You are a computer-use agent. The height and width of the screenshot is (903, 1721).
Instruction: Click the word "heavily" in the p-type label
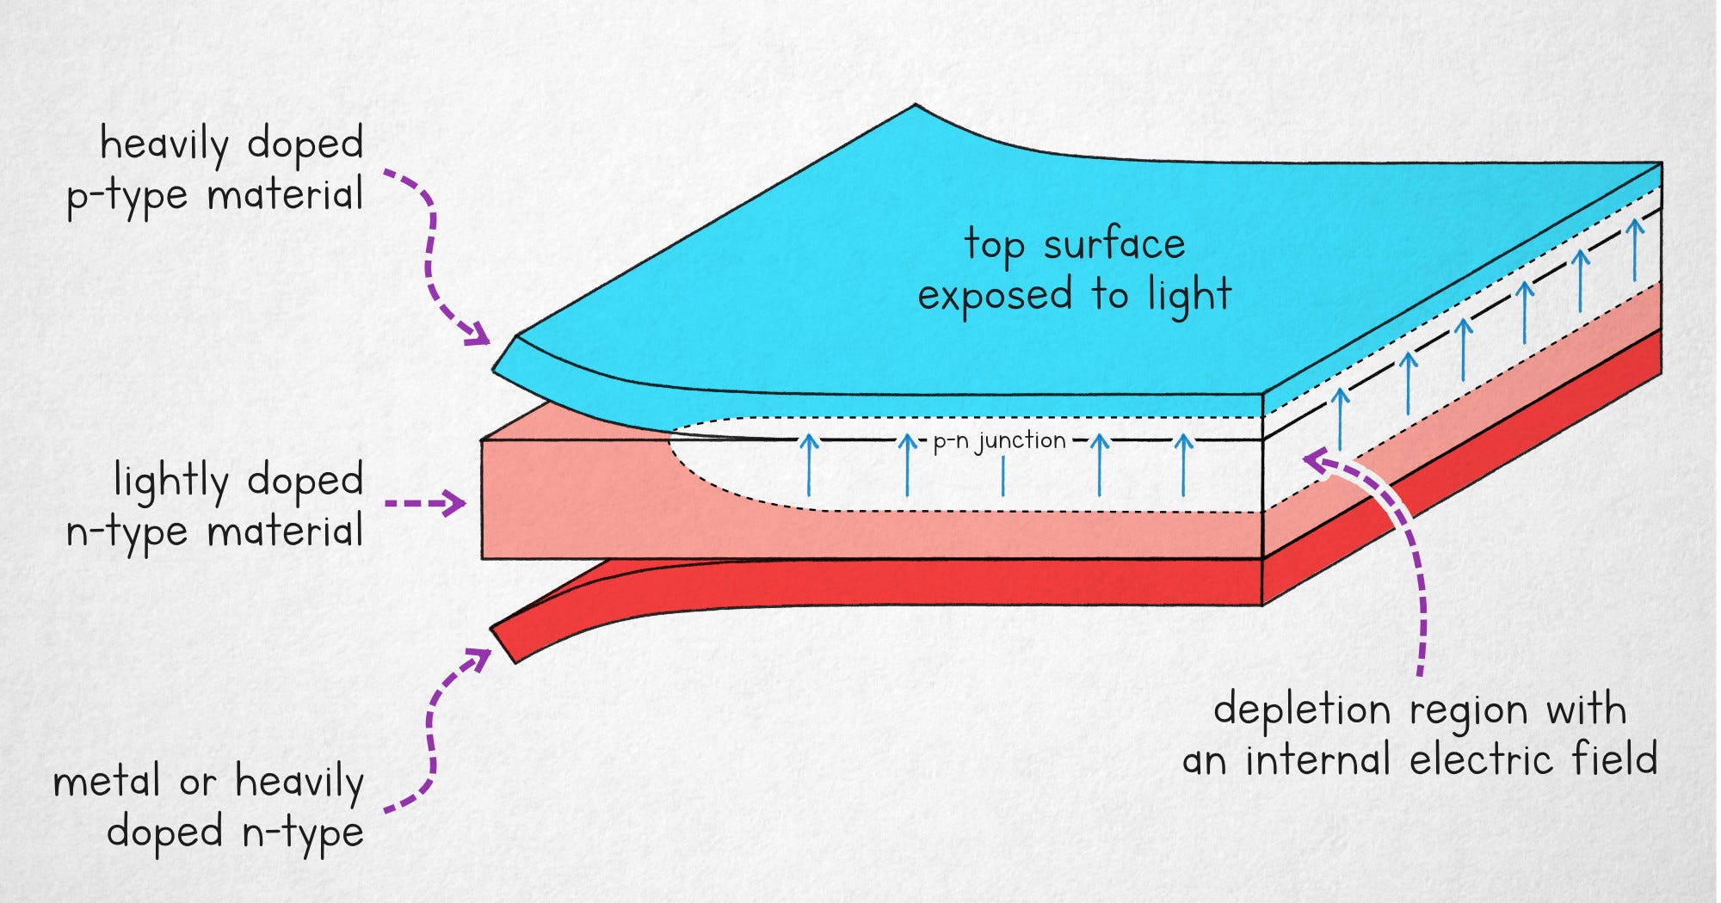[164, 145]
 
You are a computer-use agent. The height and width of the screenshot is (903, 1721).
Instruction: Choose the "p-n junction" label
[1000, 441]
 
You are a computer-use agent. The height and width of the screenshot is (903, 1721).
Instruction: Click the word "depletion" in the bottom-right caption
[1302, 711]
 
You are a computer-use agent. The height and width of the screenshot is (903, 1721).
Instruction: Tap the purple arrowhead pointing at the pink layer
[454, 503]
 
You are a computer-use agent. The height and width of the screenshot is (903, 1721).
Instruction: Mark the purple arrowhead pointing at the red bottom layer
[478, 659]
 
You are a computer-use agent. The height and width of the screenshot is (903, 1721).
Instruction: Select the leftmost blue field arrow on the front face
[809, 464]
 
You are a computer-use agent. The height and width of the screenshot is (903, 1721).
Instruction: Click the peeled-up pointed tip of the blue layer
[915, 107]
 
